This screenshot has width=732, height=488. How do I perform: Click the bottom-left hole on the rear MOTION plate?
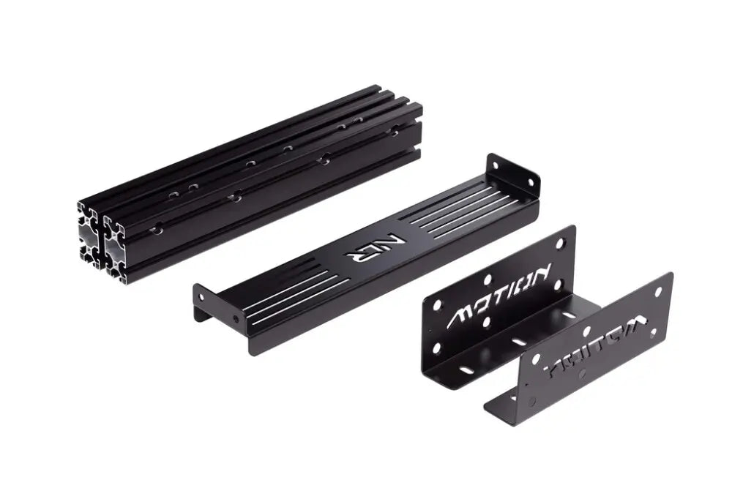[x=436, y=348]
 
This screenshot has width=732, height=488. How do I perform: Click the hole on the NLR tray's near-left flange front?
[x=234, y=318]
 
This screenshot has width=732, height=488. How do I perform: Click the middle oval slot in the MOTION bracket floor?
[x=517, y=341]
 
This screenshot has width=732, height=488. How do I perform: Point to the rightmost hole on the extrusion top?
[x=395, y=132]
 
